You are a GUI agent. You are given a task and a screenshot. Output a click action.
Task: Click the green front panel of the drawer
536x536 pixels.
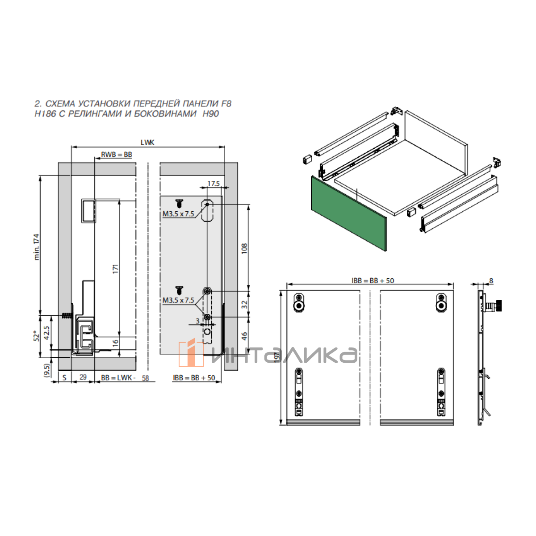pyautogui.click(x=349, y=214)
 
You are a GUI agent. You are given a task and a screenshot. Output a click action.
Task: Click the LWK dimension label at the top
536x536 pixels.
pyautogui.click(x=147, y=142)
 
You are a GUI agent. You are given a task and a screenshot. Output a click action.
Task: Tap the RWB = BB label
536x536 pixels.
pyautogui.click(x=116, y=155)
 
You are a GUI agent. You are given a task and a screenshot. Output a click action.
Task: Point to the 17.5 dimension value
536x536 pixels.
pyautogui.click(x=214, y=184)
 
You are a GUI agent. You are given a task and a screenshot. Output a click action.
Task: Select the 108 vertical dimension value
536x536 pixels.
pyautogui.click(x=244, y=248)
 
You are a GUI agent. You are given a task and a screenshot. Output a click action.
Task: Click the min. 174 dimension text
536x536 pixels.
pyautogui.click(x=37, y=247)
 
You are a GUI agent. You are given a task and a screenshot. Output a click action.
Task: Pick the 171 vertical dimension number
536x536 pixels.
pyautogui.click(x=115, y=269)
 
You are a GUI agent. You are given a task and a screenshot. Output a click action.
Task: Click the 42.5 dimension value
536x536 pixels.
pyautogui.click(x=46, y=333)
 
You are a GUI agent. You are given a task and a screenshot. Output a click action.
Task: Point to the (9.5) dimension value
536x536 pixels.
pyautogui.click(x=46, y=370)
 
